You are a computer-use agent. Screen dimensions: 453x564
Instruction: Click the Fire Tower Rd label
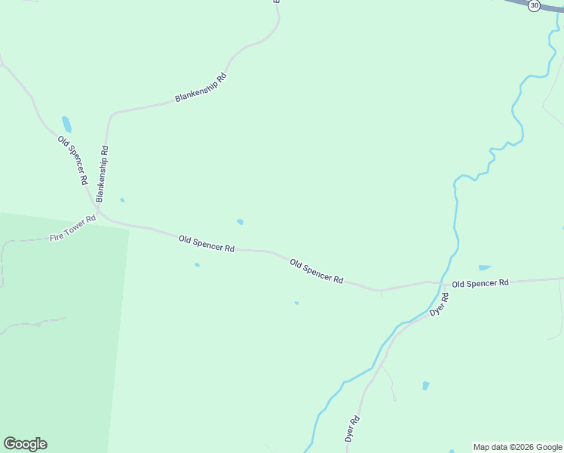coord(73,228)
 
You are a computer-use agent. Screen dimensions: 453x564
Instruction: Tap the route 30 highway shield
coord(535,5)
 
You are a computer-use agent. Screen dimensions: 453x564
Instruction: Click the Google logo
coord(25,444)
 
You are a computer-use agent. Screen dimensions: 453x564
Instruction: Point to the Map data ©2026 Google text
coord(517,447)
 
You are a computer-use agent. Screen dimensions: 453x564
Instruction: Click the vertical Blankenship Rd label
coord(102,174)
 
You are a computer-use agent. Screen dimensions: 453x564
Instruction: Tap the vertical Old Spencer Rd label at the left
coord(73,160)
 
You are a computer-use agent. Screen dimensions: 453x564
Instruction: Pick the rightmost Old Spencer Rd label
coord(480,283)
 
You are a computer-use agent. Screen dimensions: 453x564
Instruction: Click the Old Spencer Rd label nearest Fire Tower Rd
coord(207,244)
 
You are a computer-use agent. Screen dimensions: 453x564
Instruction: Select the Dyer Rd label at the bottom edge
coord(351,429)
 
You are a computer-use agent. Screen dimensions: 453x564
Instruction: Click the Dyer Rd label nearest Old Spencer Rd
coord(439,304)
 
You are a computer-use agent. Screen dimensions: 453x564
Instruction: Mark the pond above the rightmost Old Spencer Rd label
coord(484,267)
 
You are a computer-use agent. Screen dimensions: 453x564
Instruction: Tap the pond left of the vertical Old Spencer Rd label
coord(66,124)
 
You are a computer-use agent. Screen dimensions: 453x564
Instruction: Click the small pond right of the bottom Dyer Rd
coord(426,386)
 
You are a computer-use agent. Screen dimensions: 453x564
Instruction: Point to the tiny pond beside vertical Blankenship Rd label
coord(121,200)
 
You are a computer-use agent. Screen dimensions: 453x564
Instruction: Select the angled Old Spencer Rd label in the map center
coord(317,272)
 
